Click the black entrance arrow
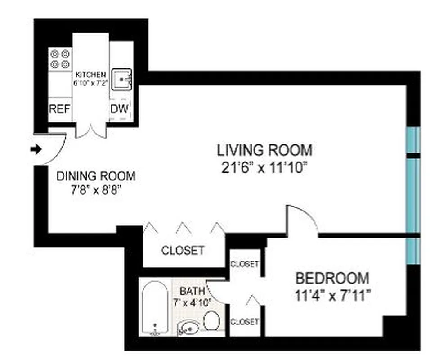[x=35, y=150]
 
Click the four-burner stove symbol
[x=60, y=58]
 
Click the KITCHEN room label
[x=91, y=74]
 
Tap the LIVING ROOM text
[x=264, y=149]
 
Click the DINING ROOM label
[x=95, y=176]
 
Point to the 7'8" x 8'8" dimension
[x=95, y=190]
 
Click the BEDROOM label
[x=332, y=278]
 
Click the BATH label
[x=192, y=290]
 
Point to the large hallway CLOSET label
[x=183, y=250]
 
